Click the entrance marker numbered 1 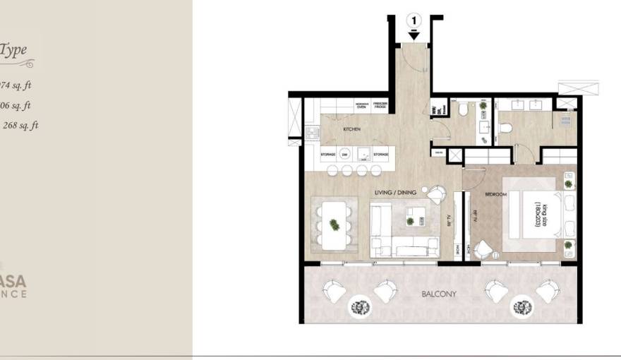point(414,20)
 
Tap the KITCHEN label point(352,130)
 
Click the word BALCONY point(439,294)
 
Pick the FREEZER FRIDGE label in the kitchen point(380,105)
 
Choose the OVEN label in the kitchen point(361,107)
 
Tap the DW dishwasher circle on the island point(345,154)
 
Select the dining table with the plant point(334,225)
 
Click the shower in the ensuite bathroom point(565,119)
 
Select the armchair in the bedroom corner point(483,249)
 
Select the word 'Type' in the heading point(14,49)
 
